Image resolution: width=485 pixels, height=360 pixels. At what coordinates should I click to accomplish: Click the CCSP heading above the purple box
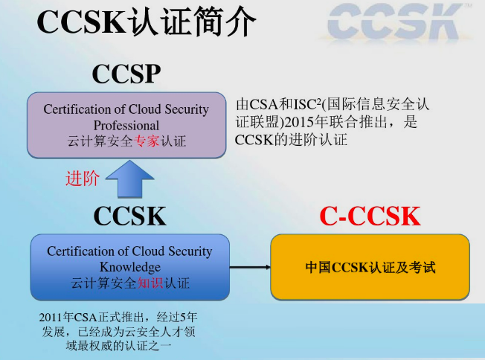[x=126, y=74]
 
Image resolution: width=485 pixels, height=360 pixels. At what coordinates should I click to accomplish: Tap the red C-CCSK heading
[x=370, y=216]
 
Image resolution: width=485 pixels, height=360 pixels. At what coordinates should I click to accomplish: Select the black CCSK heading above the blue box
[x=129, y=216]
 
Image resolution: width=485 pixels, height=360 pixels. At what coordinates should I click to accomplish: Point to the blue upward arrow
[x=130, y=179]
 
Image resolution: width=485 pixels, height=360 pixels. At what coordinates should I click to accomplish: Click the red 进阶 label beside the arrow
[x=83, y=179]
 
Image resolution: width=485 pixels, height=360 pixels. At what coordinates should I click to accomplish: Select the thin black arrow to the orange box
[x=250, y=267]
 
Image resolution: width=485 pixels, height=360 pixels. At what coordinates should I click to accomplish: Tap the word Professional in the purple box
[x=126, y=125]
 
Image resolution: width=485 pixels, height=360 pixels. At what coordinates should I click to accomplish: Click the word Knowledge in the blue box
[x=130, y=267]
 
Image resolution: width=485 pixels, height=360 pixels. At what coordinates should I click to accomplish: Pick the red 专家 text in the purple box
[x=147, y=141]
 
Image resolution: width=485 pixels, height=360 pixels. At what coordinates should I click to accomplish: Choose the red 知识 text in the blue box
[x=150, y=283]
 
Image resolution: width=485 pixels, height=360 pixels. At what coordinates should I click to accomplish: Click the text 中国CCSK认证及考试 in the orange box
[x=370, y=268]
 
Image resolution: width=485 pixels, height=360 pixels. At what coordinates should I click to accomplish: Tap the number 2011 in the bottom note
[x=51, y=318]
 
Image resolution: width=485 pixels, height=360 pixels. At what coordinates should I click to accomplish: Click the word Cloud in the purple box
[x=145, y=109]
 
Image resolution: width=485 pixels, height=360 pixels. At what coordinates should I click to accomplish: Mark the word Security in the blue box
[x=190, y=251]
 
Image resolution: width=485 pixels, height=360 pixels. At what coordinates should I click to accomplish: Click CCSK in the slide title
[x=81, y=22]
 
